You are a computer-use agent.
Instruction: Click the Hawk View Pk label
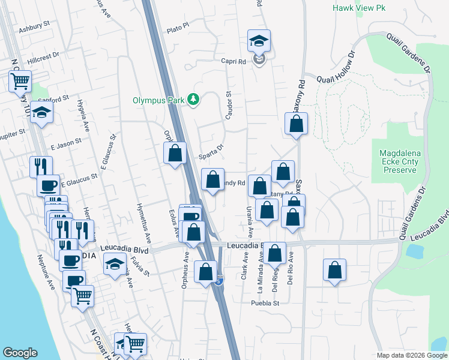click(359, 8)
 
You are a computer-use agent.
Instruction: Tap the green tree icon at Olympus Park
click(193, 99)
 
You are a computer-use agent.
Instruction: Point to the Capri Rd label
click(234, 61)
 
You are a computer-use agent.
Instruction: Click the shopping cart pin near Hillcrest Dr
click(20, 80)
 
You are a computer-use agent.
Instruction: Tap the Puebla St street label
click(266, 303)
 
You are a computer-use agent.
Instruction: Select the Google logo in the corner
click(20, 353)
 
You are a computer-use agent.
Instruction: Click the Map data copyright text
click(412, 355)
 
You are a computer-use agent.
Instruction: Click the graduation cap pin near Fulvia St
click(115, 263)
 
